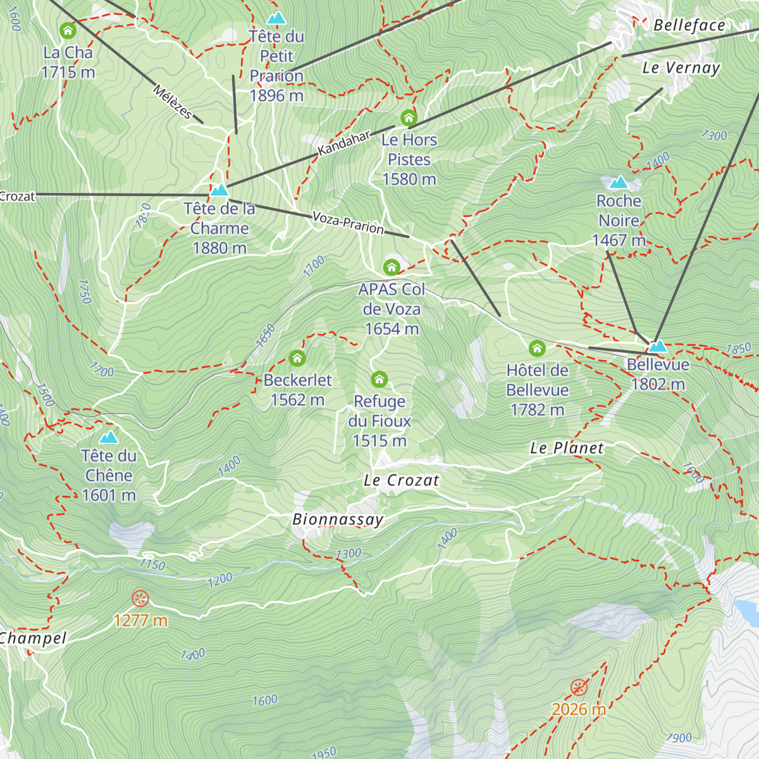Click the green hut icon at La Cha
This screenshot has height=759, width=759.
(x=68, y=30)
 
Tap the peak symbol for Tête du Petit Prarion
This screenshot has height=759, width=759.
(x=276, y=18)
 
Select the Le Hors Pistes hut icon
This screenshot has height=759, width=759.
(x=409, y=118)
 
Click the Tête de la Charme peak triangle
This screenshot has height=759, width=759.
(x=219, y=190)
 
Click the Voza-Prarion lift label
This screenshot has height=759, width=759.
(x=348, y=223)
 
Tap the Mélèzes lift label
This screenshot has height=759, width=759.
(x=172, y=101)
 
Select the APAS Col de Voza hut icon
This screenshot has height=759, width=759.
(x=392, y=267)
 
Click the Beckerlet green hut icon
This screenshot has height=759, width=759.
(x=297, y=359)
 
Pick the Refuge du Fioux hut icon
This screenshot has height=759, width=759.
(x=379, y=379)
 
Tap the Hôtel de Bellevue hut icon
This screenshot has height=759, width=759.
(x=537, y=348)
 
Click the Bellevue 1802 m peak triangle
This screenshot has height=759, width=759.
(x=658, y=346)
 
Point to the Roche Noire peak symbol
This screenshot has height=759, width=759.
(x=618, y=183)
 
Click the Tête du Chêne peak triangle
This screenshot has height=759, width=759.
(x=109, y=437)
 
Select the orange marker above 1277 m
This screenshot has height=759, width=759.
(x=140, y=598)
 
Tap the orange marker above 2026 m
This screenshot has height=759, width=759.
(x=579, y=688)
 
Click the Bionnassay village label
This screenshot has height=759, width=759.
(x=338, y=520)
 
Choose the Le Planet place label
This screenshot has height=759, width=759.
(x=567, y=448)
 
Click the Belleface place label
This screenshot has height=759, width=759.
(x=689, y=25)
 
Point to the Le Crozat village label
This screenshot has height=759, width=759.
(x=401, y=481)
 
